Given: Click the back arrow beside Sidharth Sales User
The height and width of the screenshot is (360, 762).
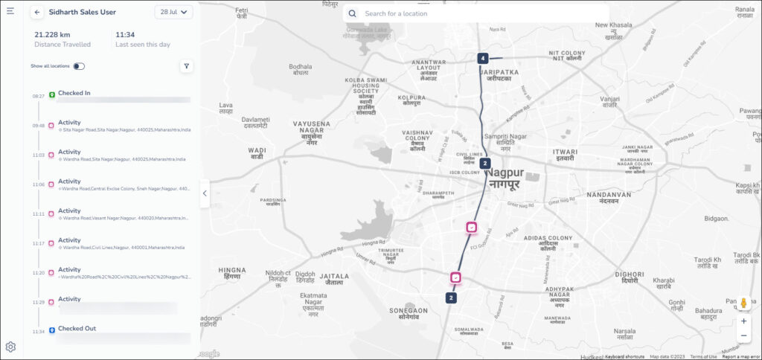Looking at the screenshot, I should point(37,13).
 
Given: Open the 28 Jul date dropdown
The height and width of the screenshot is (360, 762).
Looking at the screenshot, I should point(174,13).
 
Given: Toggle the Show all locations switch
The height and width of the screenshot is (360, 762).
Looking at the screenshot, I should point(78,66).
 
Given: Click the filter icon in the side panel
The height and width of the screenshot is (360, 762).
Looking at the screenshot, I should point(186,66).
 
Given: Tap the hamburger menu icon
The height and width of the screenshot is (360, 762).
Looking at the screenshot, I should point(10,11).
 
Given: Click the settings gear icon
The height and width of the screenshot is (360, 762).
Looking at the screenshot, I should point(10,347).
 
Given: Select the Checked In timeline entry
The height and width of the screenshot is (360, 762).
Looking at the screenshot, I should point(74,93).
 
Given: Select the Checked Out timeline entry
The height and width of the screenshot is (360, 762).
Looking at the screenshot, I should point(77,328).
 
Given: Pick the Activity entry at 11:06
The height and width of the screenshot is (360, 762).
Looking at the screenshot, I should point(69,181).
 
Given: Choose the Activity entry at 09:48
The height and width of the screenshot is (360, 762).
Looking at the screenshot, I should point(69,123).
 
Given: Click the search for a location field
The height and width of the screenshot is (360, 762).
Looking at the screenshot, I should point(476,13).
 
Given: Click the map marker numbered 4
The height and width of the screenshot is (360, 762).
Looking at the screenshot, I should point(483,58).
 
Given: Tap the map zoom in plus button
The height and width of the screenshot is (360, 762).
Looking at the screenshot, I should point(743,321).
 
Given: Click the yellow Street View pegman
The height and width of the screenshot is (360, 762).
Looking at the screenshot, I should point(743,303).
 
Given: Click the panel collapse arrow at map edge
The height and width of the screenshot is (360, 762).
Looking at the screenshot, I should point(205,193).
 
